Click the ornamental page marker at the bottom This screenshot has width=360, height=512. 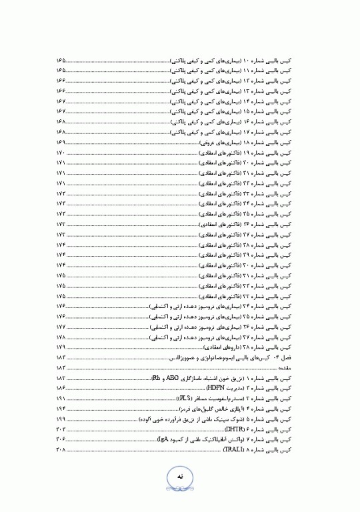(x=180, y=479)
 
